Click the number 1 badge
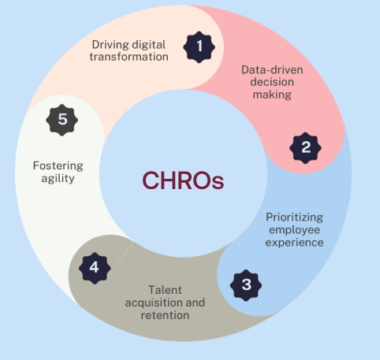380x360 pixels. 199,47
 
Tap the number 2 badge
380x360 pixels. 305,148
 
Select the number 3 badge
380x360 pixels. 246,285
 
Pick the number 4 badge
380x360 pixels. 95,268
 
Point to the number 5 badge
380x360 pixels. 62,120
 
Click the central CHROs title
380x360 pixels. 183,180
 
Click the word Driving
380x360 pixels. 110,45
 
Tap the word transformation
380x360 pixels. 129,57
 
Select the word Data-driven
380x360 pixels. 272,70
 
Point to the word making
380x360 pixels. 272,95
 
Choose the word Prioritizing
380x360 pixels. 295,217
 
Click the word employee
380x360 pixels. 295,230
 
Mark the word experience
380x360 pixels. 295,243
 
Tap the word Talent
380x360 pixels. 165,290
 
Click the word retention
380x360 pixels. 165,315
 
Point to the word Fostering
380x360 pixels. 58,166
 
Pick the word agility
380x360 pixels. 58,179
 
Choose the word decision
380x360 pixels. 272,82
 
